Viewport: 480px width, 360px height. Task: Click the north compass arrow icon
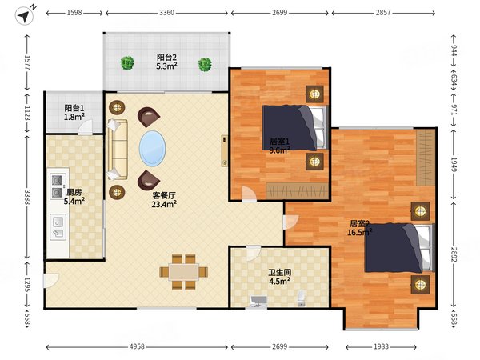coord(24,16)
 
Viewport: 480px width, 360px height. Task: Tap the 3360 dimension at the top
coord(167,13)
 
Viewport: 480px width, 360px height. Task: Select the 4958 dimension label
coord(137,346)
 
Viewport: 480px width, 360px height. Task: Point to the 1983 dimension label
coord(381,346)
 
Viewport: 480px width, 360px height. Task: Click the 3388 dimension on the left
coord(27,197)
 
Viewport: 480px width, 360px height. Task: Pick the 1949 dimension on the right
coord(454,165)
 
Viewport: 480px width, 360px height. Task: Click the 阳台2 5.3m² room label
coord(167,62)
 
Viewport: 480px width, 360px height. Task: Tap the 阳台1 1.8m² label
coord(74,112)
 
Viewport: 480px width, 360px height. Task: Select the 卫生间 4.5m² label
coord(279,277)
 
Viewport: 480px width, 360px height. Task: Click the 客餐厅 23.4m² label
coord(164,199)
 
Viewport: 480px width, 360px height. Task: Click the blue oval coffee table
coord(153,149)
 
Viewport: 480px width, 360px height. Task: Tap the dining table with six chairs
coord(184,272)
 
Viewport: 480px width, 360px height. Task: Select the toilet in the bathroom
coord(302,298)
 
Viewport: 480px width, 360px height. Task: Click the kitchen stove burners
coord(58,186)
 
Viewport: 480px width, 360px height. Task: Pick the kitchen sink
coord(58,227)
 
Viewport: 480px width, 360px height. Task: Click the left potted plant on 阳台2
coord(127,63)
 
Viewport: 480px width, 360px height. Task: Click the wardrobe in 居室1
coord(297,190)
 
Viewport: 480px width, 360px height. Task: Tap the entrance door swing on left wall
coord(51,281)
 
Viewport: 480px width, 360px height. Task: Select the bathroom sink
coord(258,302)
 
